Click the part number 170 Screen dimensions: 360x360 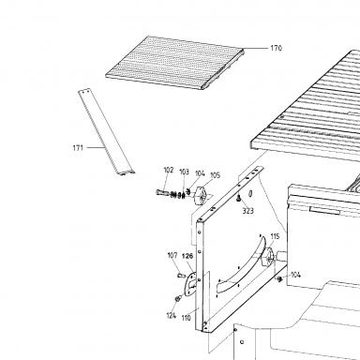(x=276, y=48)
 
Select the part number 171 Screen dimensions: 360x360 (x=78, y=147)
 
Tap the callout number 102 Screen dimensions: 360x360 (x=169, y=170)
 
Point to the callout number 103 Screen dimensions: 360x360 (x=184, y=172)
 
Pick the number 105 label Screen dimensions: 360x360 (x=215, y=175)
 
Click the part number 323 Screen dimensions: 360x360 (x=247, y=211)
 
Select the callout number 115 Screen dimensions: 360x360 (x=275, y=236)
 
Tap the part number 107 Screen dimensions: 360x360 (x=172, y=255)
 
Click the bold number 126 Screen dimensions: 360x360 (x=187, y=256)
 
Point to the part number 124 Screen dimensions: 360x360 (x=172, y=316)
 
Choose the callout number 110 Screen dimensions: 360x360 (x=186, y=318)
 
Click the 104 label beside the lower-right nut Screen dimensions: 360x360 (x=295, y=275)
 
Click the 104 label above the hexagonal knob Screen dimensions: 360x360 (x=200, y=173)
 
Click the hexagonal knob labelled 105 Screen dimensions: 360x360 (x=200, y=196)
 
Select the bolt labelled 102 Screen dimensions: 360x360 (x=163, y=192)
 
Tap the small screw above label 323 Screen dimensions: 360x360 (x=238, y=198)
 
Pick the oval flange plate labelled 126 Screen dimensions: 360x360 (x=190, y=284)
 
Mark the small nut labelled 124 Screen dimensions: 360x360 (x=178, y=298)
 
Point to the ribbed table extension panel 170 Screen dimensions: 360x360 (x=175, y=63)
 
